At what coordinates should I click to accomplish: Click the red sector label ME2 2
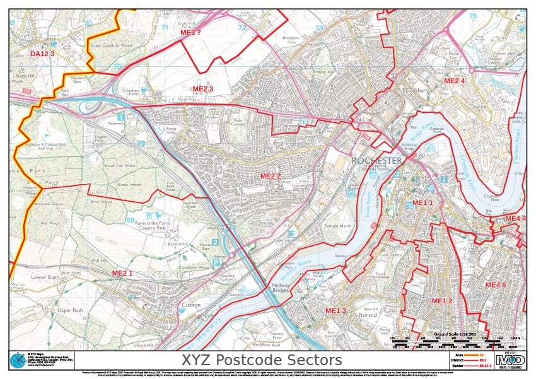coord(271,176)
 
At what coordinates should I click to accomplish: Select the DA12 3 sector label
coord(42,54)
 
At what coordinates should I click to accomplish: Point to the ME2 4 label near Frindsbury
coord(455,81)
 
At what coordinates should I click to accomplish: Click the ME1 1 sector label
coord(422,202)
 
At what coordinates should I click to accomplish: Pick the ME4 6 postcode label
coord(496,285)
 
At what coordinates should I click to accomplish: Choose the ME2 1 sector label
coord(122,273)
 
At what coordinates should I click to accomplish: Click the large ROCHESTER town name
coord(376,161)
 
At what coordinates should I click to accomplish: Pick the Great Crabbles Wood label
coord(111,45)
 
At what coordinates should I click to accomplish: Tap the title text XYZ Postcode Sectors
coord(261,360)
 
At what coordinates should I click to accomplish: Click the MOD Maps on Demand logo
coord(510,360)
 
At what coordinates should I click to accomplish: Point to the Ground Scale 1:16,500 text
coord(455,333)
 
